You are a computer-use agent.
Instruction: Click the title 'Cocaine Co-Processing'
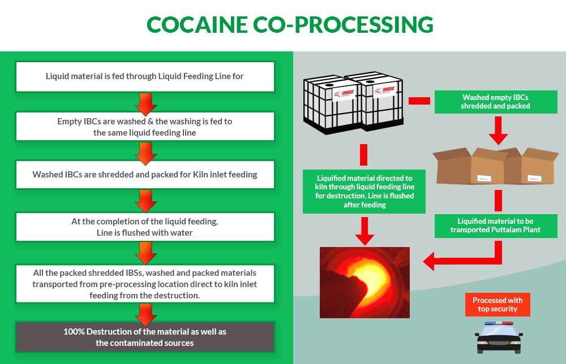pos(290,25)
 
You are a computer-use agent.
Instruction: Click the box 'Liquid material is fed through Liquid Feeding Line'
pos(145,76)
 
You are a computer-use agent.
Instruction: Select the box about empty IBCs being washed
pos(145,126)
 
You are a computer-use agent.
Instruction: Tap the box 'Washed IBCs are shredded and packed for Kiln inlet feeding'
pos(145,175)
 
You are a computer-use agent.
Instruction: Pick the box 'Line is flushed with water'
pos(145,227)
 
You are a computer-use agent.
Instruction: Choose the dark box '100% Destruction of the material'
pos(145,337)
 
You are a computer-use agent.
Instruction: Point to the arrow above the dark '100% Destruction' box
pos(145,311)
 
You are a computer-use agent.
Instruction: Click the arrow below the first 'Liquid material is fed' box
pos(145,102)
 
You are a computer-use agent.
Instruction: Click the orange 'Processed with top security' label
pos(498,305)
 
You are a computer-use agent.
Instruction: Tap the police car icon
pos(498,337)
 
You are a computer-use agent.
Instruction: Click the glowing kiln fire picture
pos(365,281)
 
